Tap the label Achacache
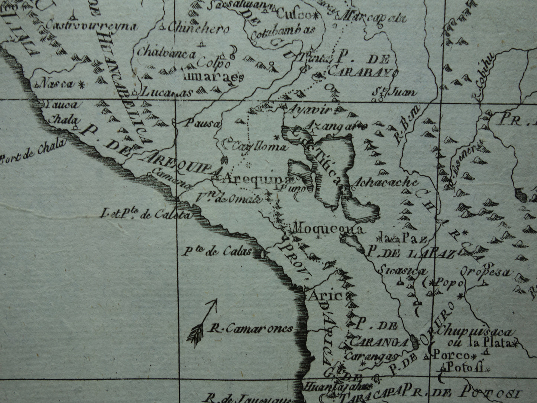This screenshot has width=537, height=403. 386,183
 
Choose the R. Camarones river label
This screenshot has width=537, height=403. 250,328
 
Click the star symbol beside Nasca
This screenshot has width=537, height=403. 81,84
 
